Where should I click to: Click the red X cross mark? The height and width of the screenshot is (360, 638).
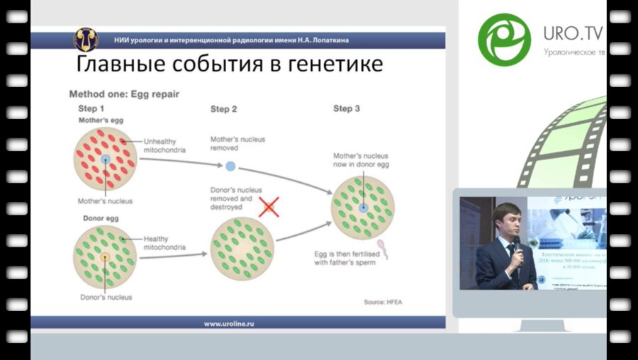tap(269, 207)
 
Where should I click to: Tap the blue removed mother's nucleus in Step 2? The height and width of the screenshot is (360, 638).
tap(230, 167)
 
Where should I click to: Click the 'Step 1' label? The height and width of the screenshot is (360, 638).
tap(91, 108)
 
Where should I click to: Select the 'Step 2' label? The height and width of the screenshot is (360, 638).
tap(224, 108)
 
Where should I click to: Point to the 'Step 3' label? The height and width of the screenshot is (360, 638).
tap(347, 108)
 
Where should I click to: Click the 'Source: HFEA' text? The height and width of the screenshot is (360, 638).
tap(384, 302)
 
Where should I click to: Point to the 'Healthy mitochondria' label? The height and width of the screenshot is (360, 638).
tap(164, 243)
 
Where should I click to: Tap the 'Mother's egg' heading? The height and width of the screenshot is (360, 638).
tap(100, 120)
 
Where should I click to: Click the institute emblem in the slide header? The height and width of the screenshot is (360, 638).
tap(86, 39)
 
